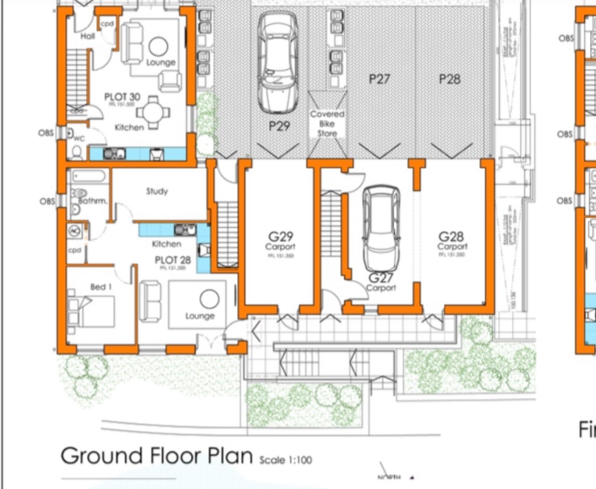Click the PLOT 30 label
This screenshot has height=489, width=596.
coord(122,97)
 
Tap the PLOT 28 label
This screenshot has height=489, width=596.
coord(173,260)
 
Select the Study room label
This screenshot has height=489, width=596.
coord(157,191)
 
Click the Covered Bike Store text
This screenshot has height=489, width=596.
coord(327,123)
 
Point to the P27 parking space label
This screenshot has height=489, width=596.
coord(379,79)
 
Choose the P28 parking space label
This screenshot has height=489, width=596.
coord(450,79)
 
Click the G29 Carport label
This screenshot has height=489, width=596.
coord(280,241)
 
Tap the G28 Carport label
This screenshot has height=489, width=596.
coord(451,241)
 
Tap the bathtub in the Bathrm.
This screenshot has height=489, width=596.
coord(88,177)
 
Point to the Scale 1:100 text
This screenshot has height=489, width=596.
coord(286,460)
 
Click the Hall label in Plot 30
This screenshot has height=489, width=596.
coord(87,36)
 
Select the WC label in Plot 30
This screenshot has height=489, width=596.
coord(79,138)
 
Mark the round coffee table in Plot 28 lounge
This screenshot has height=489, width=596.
coord(209,299)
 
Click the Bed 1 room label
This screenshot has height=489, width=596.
coord(101,287)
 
